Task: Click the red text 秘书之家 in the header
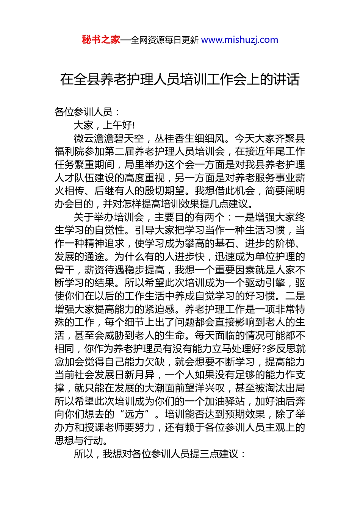point(101,40)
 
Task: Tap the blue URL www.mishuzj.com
point(239,40)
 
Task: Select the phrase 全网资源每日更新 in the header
point(164,40)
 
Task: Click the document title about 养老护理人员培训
point(180,80)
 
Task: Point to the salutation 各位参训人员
point(83,112)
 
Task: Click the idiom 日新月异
point(135,375)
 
